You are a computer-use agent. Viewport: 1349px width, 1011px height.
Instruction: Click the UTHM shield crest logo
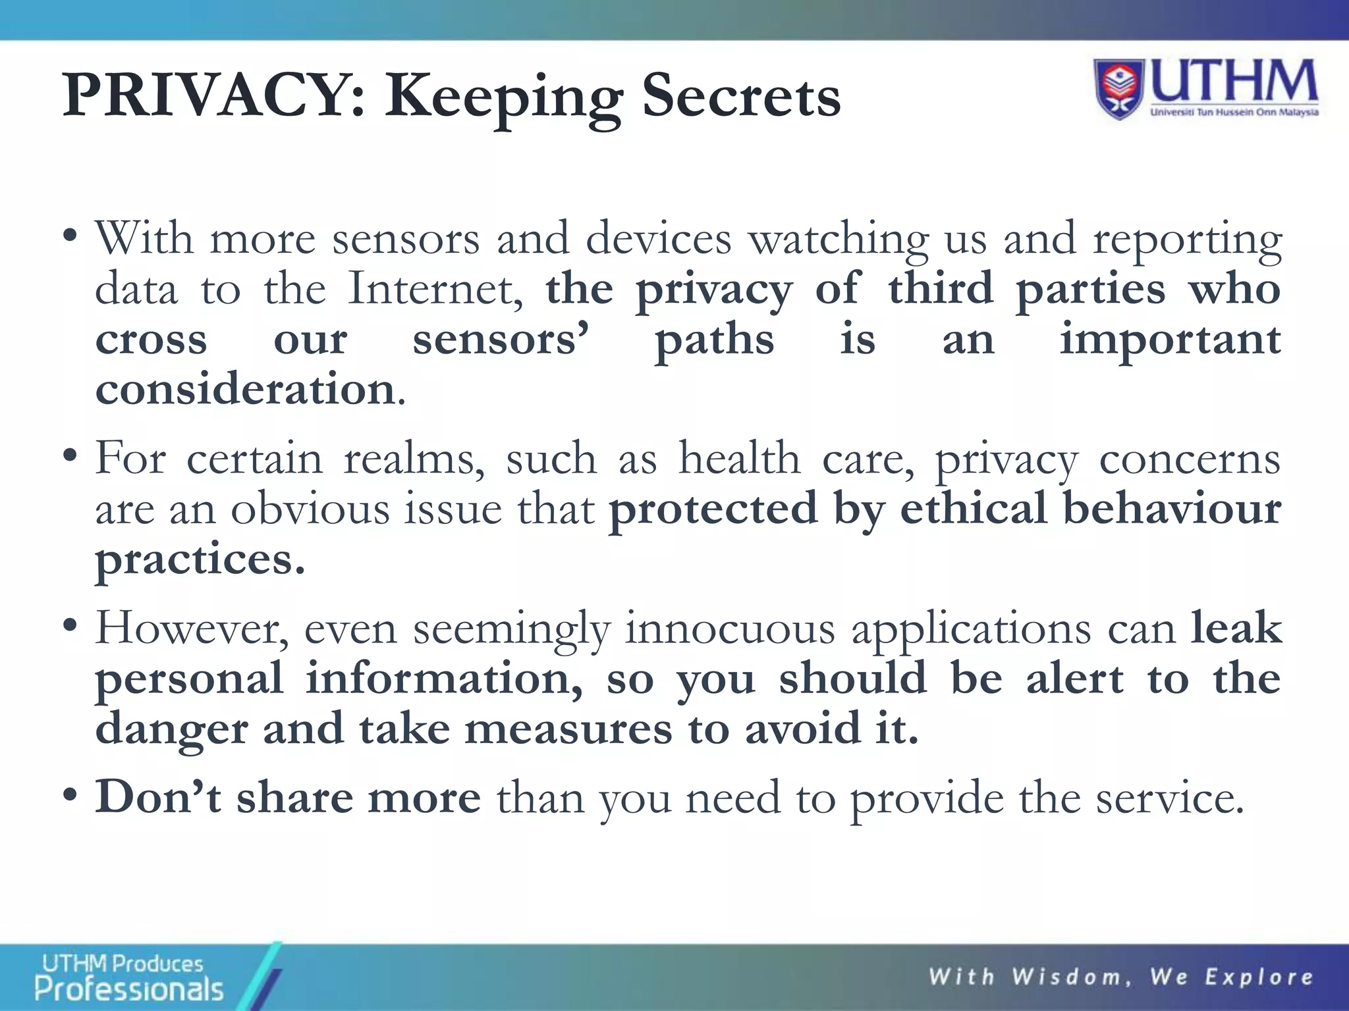1120,89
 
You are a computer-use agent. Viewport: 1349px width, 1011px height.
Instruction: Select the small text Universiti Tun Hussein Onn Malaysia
1234,112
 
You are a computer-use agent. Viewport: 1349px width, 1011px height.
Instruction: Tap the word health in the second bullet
739,458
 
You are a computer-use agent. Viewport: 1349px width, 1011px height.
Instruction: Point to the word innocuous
730,628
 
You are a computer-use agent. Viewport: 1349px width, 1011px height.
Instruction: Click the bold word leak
1236,628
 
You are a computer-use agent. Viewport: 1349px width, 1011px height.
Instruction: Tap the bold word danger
171,729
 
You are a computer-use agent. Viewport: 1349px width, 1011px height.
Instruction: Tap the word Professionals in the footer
129,989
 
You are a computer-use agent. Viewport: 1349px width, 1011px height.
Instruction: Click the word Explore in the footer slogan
1259,976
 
